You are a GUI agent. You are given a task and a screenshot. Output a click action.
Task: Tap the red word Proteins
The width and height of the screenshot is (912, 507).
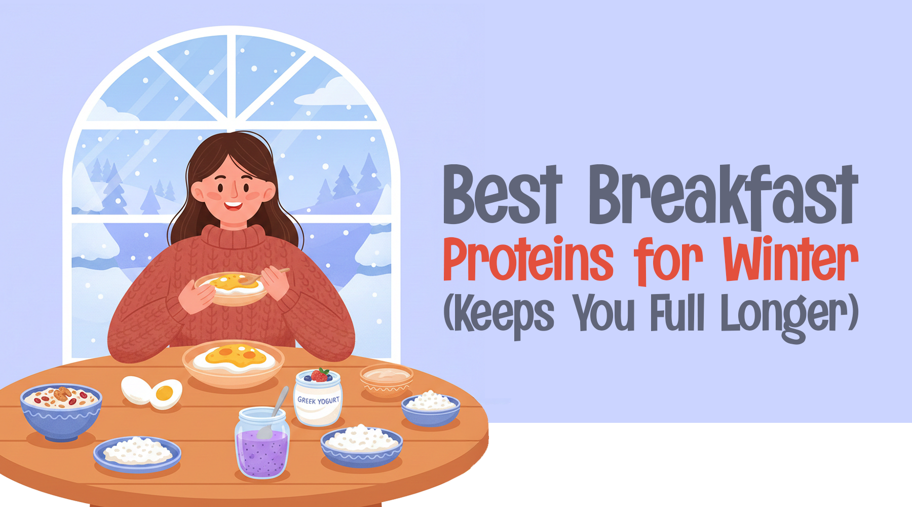pos(528,259)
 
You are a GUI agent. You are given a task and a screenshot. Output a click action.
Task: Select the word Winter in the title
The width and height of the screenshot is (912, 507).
pos(790,259)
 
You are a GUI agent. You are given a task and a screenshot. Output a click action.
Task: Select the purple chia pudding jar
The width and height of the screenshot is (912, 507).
pos(262,448)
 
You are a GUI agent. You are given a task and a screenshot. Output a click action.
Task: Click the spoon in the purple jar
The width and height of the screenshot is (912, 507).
pos(274,413)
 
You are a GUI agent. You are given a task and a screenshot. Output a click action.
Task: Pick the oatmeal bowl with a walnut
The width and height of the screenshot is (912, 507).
pos(61,408)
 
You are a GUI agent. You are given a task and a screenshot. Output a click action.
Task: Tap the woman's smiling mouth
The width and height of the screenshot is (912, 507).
pos(233,206)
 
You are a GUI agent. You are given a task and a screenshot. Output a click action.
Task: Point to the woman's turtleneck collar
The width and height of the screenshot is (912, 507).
pos(234,236)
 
